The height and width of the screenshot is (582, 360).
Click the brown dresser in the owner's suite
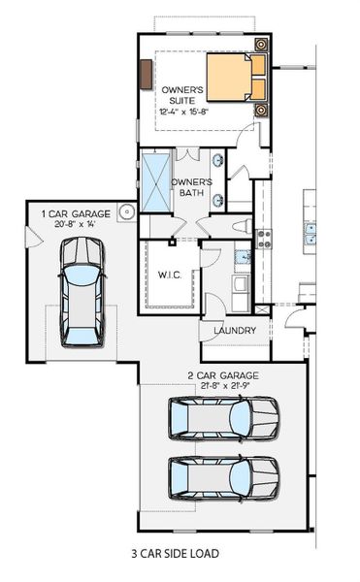point(146,75)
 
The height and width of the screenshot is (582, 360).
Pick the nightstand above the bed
point(261,45)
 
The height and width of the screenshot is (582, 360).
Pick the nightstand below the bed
point(261,109)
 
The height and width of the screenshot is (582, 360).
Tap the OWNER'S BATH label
point(191,187)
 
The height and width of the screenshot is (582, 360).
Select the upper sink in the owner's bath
point(218,161)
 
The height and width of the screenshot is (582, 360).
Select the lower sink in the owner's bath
point(218,200)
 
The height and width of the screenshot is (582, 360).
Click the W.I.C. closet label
point(170,275)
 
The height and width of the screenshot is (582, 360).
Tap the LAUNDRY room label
point(235,330)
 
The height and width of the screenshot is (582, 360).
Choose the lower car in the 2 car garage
point(223,476)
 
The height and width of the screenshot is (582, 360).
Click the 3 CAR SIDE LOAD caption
point(175,554)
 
